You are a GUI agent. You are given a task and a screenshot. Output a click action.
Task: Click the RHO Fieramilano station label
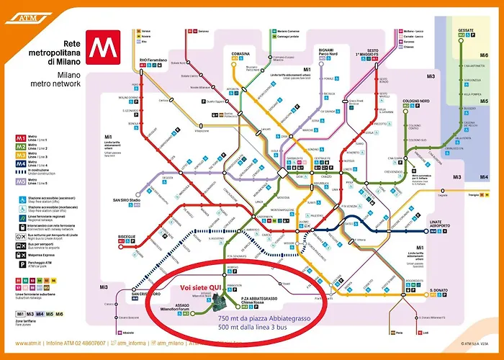click(152, 58)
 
